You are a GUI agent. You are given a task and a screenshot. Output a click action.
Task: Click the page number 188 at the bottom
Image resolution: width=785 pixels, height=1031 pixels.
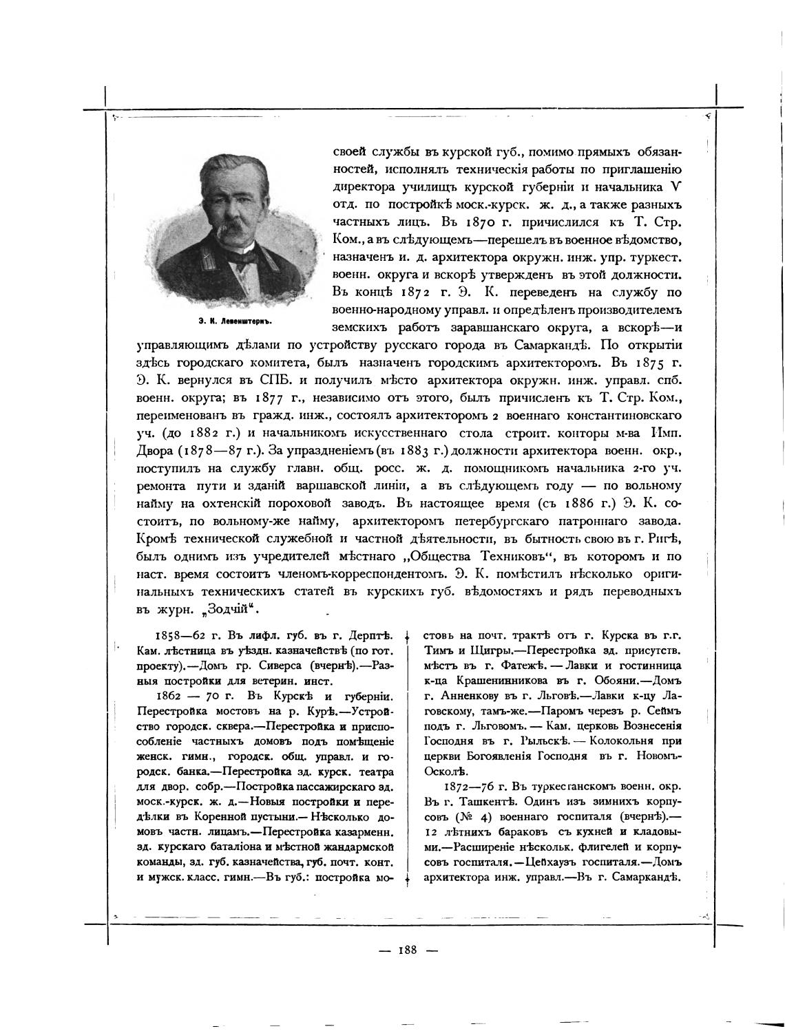coord(406,950)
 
